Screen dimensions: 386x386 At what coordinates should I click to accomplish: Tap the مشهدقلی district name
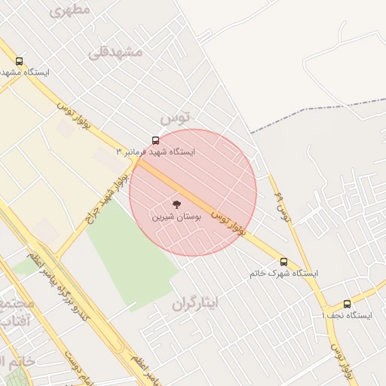coord(115,52)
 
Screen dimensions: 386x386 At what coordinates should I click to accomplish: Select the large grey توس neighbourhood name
coord(176,118)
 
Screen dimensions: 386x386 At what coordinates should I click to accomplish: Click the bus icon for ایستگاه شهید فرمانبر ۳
coord(156,140)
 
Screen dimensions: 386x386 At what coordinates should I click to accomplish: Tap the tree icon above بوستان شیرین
coord(176,204)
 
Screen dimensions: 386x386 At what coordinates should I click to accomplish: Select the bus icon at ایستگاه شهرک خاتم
coord(283,261)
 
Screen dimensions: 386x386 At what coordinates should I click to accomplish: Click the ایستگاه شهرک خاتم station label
coord(283,273)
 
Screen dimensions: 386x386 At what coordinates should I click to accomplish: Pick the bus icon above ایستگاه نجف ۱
coord(347,303)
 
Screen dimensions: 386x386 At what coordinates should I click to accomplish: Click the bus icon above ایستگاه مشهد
coord(19,62)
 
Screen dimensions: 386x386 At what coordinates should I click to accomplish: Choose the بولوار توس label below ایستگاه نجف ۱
coord(344,358)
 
